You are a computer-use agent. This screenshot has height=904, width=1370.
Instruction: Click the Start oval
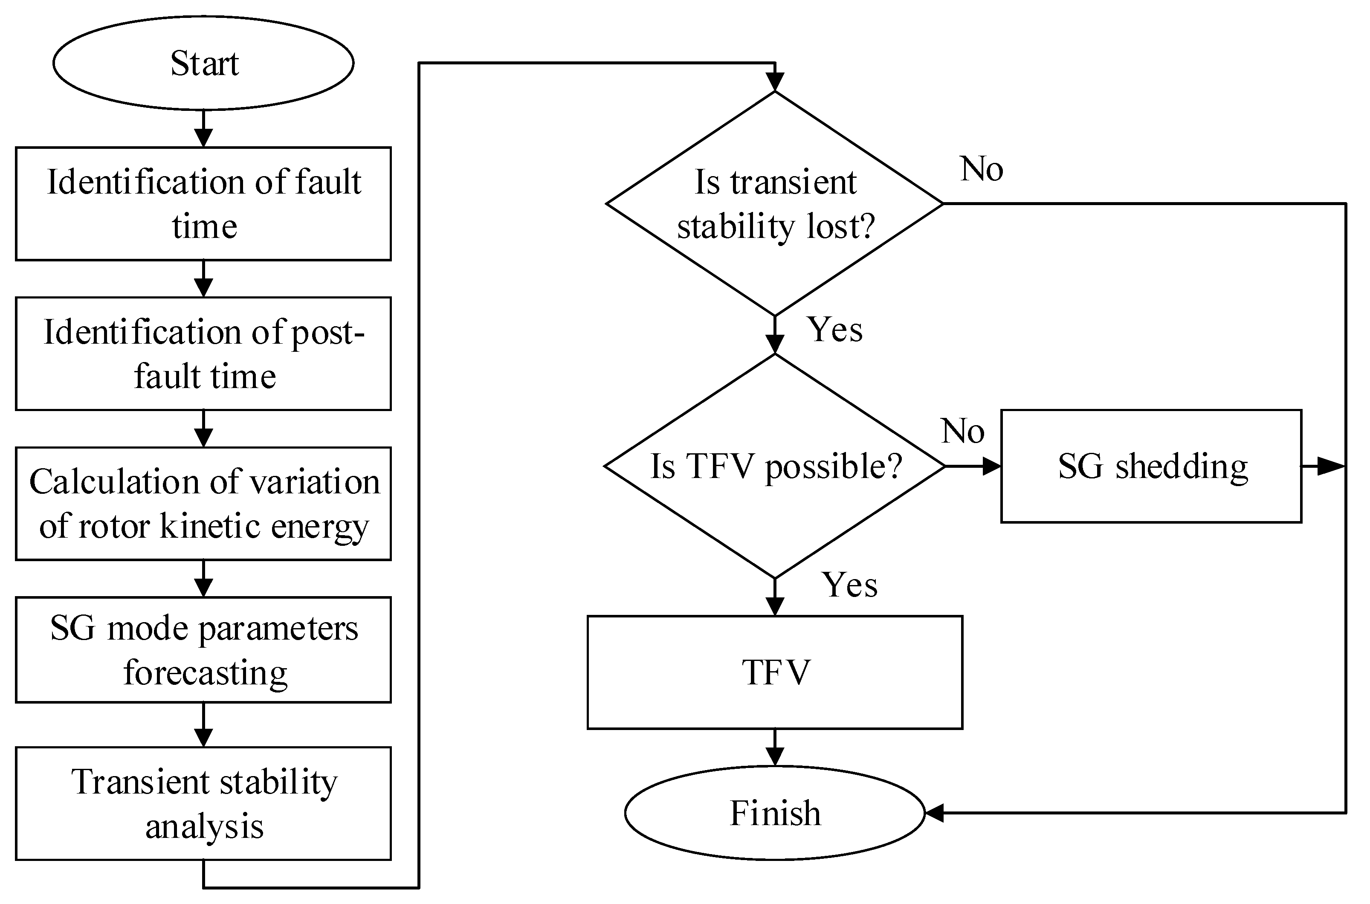click(x=203, y=63)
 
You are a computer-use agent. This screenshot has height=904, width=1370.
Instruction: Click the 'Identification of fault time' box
click(x=203, y=203)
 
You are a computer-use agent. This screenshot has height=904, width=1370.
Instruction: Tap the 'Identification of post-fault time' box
click(x=203, y=353)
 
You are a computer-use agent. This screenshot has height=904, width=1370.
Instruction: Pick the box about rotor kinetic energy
click(x=203, y=503)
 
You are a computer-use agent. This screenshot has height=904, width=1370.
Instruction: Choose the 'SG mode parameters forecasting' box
click(x=203, y=650)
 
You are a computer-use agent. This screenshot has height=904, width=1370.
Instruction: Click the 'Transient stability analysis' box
click(x=203, y=803)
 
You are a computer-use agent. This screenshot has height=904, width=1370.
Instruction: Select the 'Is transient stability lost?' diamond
click(x=775, y=203)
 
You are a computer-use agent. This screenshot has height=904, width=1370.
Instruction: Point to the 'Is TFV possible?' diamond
click(x=775, y=466)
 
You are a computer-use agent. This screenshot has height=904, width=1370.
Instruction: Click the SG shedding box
click(x=1151, y=466)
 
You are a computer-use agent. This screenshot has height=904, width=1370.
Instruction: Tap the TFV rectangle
click(x=775, y=672)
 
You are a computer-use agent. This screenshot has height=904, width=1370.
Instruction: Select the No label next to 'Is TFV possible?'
click(x=962, y=431)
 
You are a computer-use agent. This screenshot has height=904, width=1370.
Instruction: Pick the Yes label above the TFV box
click(x=849, y=585)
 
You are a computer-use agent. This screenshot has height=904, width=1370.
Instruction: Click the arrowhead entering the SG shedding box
click(x=991, y=466)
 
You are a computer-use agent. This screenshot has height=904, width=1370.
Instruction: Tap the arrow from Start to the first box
click(x=203, y=130)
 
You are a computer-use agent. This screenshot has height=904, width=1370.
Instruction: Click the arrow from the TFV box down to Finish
click(x=775, y=748)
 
